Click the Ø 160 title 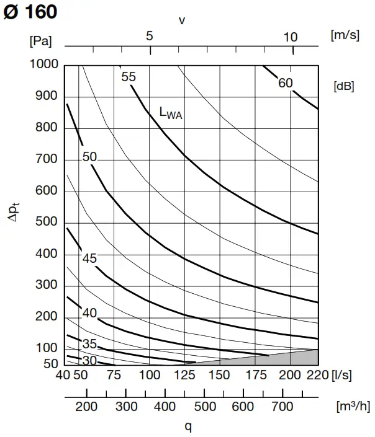pos(30,12)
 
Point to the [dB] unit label pos(343,86)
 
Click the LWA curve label pos(171,113)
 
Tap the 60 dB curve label pos(285,84)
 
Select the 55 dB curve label pos(129,77)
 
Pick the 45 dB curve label pos(89,258)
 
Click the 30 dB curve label pos(89,361)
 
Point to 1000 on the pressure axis pos(43,64)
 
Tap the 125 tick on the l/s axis pos(184,375)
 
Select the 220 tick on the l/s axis pos(316,375)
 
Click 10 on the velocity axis pos(291,37)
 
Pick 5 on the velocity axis pos(149,37)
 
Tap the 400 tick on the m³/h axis pos(165,407)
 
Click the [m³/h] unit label pos(351,407)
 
